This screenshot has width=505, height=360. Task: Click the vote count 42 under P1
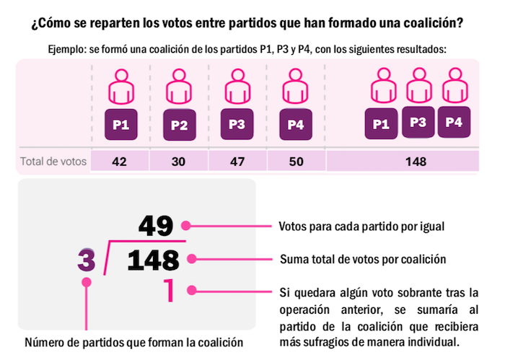coord(120,162)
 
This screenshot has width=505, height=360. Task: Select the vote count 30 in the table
coord(179,162)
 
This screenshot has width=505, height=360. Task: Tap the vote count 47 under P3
coord(237,162)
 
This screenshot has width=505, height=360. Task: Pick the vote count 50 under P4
coord(296,162)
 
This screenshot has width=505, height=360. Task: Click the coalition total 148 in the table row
coord(416,162)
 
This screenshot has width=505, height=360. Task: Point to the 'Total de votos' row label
coord(53,162)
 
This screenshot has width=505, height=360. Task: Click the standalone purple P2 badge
coord(179,126)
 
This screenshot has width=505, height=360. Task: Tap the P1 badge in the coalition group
coord(381,125)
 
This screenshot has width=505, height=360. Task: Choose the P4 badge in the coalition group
coord(454,121)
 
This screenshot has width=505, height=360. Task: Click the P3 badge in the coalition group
coord(418,122)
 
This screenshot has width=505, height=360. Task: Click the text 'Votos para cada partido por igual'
coord(361,226)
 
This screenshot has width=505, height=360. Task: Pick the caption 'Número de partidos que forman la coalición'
coord(133,342)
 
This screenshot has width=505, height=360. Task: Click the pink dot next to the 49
coord(187,226)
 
